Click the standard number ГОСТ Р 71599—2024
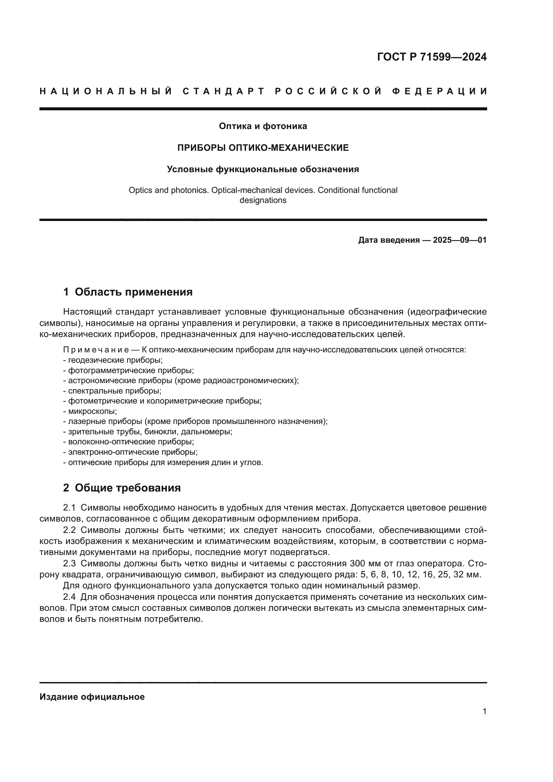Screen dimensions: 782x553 (x=432, y=57)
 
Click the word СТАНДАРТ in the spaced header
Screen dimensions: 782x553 (x=224, y=91)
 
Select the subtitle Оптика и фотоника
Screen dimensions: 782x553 (x=263, y=126)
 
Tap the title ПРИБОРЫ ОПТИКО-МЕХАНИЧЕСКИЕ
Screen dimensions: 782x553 (x=263, y=148)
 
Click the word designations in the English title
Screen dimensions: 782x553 (x=263, y=200)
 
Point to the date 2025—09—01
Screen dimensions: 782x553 (x=459, y=240)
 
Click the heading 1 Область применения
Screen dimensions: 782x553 (x=128, y=292)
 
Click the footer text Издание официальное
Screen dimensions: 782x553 (x=92, y=697)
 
